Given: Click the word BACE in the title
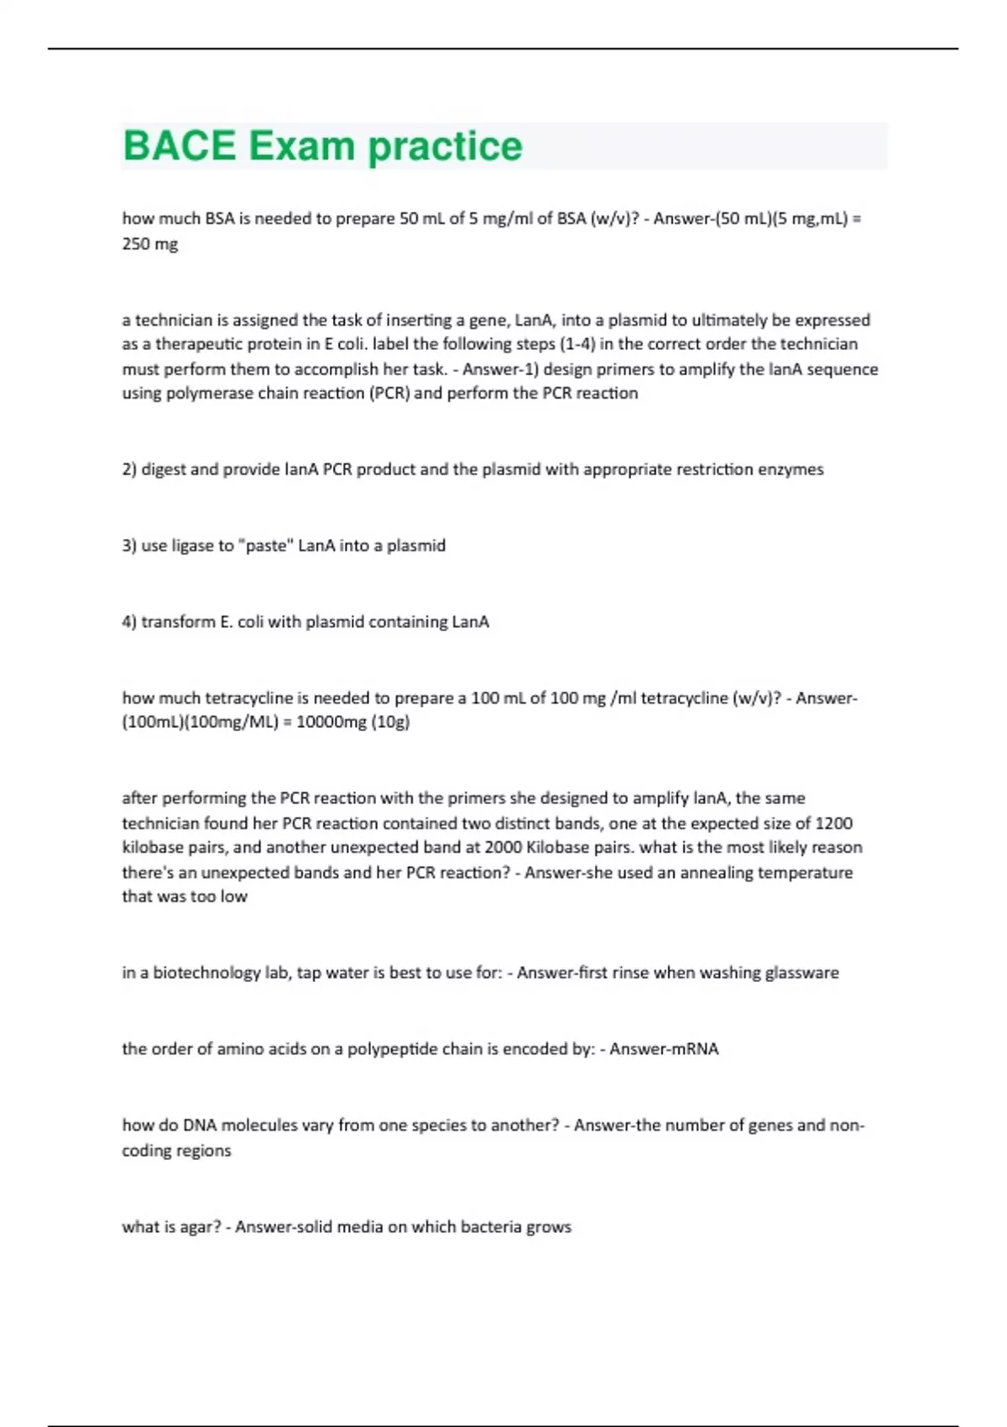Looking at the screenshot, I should click(180, 146).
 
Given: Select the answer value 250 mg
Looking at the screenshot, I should click(150, 244).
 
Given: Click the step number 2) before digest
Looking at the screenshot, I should click(129, 469).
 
